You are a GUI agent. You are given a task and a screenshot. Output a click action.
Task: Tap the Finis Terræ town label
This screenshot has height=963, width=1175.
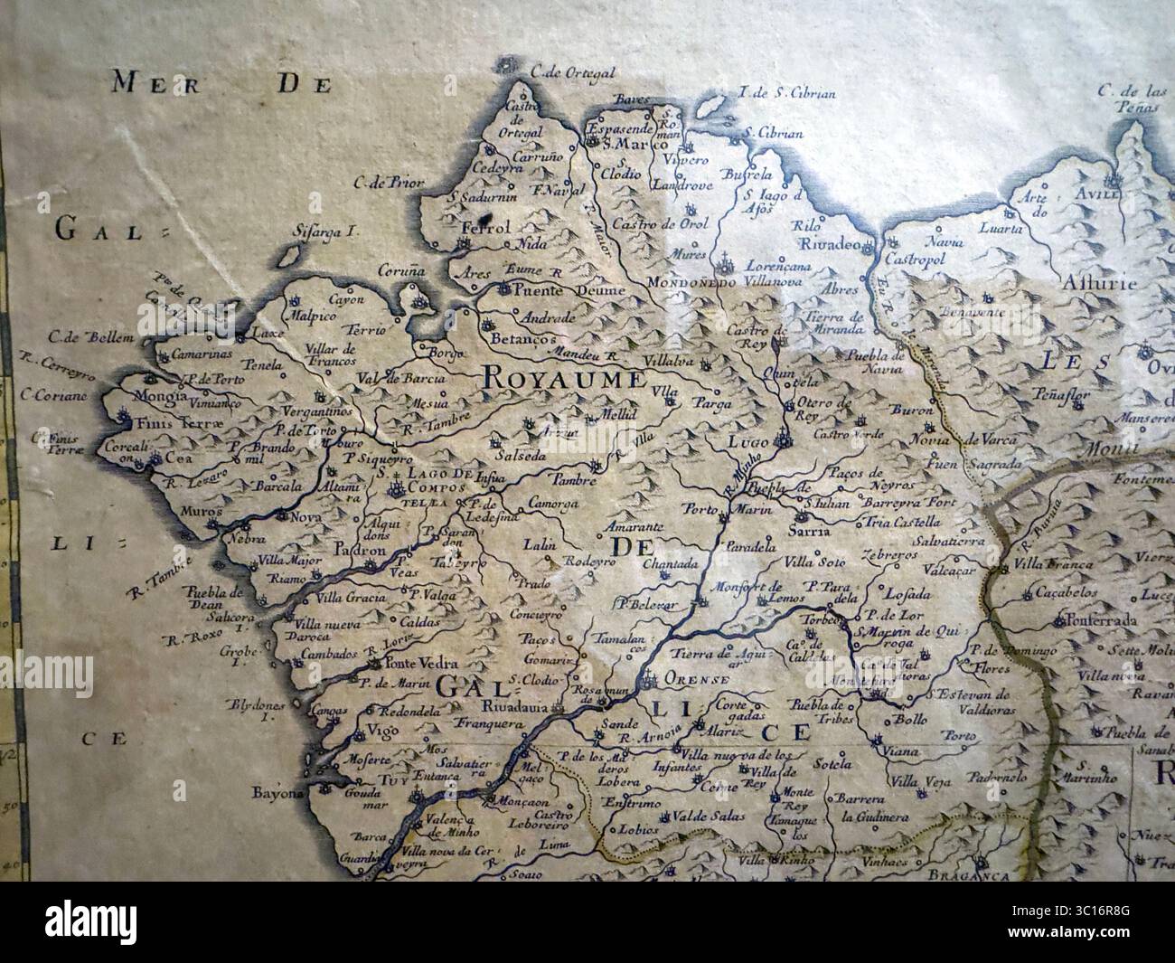pyautogui.click(x=169, y=421)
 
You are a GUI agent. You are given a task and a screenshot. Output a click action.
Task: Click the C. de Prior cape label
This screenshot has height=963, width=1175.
pyautogui.click(x=390, y=184)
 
